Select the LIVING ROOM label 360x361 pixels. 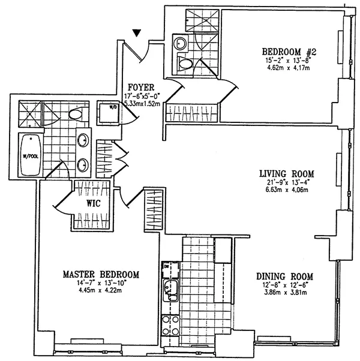(x=287, y=173)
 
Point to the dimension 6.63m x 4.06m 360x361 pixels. (x=287, y=191)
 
